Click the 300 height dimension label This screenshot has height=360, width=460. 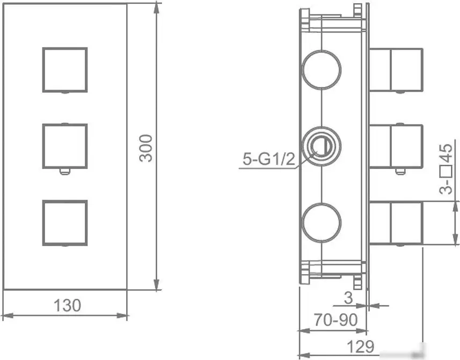146,148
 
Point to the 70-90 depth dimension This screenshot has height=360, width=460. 335,320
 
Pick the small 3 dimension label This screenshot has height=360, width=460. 348,297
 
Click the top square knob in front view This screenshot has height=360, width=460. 64,70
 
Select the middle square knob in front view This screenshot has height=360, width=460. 64,146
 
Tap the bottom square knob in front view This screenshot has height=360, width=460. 64,223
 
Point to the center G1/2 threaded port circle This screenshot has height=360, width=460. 321,145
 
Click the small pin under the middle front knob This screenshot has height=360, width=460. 64,172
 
